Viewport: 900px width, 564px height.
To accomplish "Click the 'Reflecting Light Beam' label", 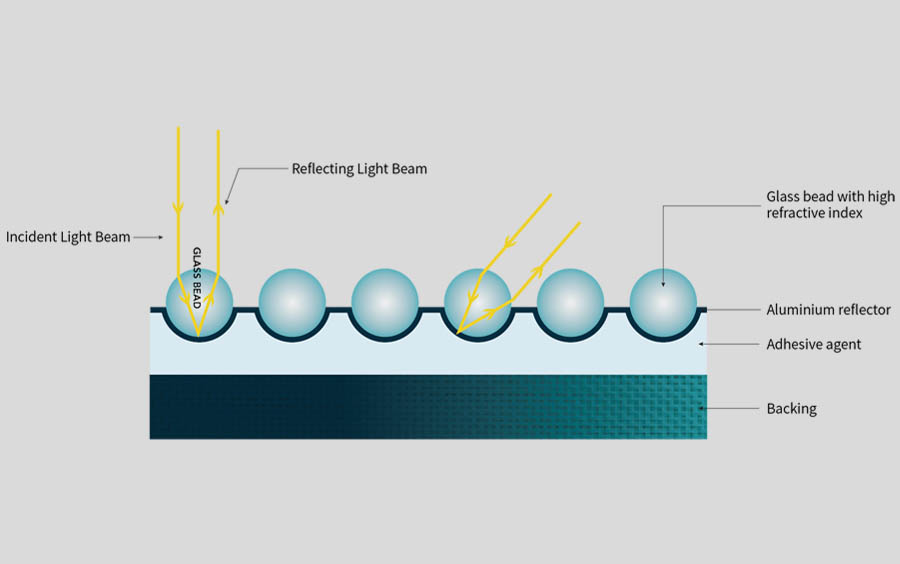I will pyautogui.click(x=359, y=169).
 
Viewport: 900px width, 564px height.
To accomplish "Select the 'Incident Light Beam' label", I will pyautogui.click(x=68, y=237).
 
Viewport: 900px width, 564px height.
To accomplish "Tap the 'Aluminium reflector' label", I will pyautogui.click(x=828, y=310).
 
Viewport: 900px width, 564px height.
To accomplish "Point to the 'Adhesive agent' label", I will pyautogui.click(x=813, y=344).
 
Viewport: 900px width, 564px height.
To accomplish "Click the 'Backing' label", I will pyautogui.click(x=791, y=408).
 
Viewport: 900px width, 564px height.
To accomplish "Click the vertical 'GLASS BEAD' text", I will pyautogui.click(x=197, y=277).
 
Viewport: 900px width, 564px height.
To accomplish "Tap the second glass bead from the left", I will pyautogui.click(x=292, y=302).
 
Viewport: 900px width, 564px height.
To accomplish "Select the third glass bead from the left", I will pyautogui.click(x=385, y=302).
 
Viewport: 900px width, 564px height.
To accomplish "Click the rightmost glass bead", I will pyautogui.click(x=663, y=302).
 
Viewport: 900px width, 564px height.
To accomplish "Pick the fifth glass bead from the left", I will pyautogui.click(x=570, y=302).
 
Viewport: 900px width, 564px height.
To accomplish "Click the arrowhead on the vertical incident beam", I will pyautogui.click(x=178, y=209).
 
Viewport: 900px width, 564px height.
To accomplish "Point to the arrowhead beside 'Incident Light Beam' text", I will pyautogui.click(x=159, y=237).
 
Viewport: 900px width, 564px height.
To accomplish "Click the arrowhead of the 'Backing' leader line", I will pyautogui.click(x=702, y=408).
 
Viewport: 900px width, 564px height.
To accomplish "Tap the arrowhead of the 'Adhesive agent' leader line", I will pyautogui.click(x=702, y=344).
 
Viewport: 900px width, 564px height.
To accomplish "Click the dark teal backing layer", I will pyautogui.click(x=428, y=406).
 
